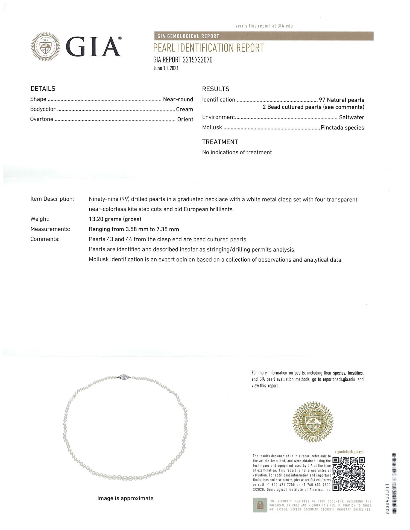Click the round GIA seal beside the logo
(x=45, y=46)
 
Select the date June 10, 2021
(x=166, y=68)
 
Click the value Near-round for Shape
(x=178, y=99)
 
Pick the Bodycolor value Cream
(x=184, y=109)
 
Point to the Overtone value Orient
(x=185, y=119)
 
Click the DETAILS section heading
(x=43, y=89)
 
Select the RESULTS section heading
(x=216, y=89)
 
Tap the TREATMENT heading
(x=220, y=142)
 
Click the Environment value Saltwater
(x=352, y=117)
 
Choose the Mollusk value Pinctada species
(x=342, y=128)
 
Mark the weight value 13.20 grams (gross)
(x=115, y=219)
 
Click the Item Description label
(x=52, y=199)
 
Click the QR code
(x=348, y=474)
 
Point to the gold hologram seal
(x=313, y=422)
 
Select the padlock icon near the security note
(x=260, y=505)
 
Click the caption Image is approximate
(x=125, y=498)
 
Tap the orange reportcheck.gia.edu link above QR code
(x=350, y=452)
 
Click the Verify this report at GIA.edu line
(x=264, y=26)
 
